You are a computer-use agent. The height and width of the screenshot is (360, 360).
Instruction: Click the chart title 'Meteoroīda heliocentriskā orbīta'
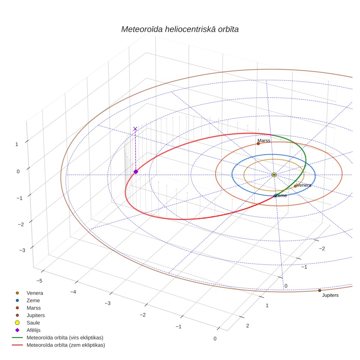(180, 30)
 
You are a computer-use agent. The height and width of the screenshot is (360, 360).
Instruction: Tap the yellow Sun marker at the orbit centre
(274, 175)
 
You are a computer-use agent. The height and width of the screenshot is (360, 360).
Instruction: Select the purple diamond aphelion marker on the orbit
(136, 172)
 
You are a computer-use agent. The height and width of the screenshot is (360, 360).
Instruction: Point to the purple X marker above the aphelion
(135, 129)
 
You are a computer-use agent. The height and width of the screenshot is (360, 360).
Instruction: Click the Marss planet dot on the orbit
(258, 144)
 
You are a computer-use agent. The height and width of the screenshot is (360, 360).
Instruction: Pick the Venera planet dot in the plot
(295, 186)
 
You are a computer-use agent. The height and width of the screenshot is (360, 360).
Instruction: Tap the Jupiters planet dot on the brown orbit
(320, 291)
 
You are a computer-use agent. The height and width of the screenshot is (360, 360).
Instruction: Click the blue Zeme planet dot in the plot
(275, 196)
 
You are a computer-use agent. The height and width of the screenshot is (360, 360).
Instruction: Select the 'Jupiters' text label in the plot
(330, 295)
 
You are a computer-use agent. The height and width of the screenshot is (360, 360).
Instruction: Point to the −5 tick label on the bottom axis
(39, 281)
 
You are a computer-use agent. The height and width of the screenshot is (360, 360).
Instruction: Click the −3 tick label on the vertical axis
(22, 250)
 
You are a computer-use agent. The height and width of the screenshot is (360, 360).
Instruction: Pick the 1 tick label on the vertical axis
(16, 145)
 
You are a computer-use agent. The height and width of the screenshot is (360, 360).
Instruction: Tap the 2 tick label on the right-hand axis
(248, 326)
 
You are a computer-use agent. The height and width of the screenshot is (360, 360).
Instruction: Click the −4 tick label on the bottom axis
(73, 292)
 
